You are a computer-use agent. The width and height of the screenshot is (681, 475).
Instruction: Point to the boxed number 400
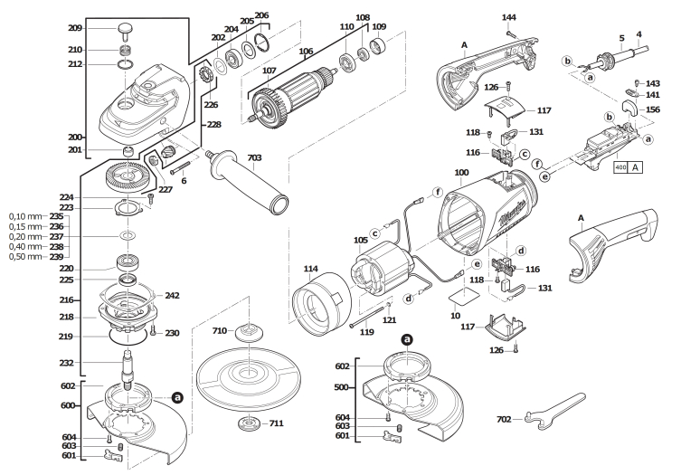[x=620, y=167]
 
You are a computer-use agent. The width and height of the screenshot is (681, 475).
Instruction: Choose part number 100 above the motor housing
[x=461, y=172]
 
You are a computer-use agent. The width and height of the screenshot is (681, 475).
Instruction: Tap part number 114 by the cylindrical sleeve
[x=311, y=268]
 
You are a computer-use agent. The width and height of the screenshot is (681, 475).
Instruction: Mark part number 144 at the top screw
[x=509, y=17]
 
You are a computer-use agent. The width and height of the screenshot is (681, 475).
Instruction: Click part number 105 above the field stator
[x=362, y=240]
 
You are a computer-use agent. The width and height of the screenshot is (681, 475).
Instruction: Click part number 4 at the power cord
[x=638, y=35]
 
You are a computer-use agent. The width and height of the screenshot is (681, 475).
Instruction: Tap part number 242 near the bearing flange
[x=173, y=296]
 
